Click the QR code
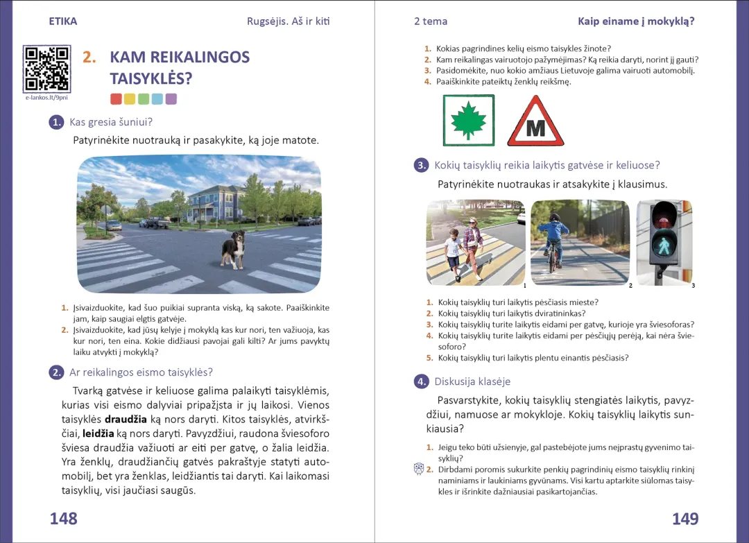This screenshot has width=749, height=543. tap(46, 69)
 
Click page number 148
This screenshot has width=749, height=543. tap(63, 519)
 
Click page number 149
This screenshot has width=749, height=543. tap(685, 519)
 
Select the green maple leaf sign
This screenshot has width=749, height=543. tap(469, 121)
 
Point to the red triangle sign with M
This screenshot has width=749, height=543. tap(535, 123)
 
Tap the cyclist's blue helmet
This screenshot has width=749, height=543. tap(555, 218)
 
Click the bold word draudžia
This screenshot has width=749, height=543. tap(126, 420)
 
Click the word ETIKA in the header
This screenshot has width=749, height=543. tap(63, 21)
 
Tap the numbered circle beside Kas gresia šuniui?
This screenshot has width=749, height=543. tap(56, 123)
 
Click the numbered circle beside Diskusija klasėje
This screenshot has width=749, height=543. tap(421, 381)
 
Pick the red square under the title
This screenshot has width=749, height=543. tap(116, 99)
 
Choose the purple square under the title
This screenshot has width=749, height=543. tap(171, 99)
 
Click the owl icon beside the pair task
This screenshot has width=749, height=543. tap(418, 469)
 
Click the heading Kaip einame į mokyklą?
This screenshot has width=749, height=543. tap(636, 21)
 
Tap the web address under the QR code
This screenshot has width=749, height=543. tap(46, 98)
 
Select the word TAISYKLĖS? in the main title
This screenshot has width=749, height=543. tap(151, 78)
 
